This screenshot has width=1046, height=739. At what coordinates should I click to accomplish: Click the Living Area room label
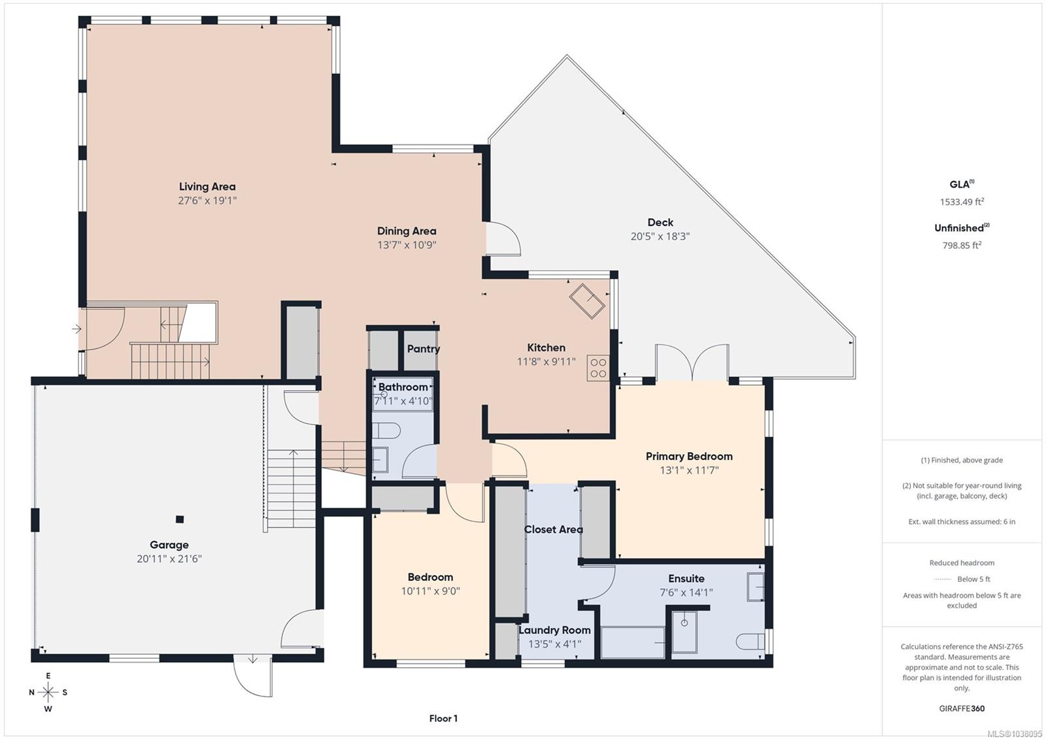point(207,187)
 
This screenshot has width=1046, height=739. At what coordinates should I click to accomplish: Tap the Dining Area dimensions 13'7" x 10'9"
point(407,245)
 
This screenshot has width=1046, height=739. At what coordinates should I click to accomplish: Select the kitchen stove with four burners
point(598,368)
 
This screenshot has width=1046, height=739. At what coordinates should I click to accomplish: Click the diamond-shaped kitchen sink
point(587,301)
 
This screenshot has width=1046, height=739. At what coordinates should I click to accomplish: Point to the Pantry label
point(424,349)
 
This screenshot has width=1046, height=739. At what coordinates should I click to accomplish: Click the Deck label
point(660,222)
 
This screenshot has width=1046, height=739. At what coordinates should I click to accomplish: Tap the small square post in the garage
point(180,519)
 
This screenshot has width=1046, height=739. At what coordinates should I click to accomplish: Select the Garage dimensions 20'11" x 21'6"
point(169,559)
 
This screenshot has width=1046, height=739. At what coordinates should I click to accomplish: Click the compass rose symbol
point(48,692)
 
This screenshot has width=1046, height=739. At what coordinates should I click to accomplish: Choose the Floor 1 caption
point(443,719)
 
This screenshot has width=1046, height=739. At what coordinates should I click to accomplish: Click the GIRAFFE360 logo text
point(962,708)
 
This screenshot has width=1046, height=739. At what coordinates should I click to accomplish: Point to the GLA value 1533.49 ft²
point(962,202)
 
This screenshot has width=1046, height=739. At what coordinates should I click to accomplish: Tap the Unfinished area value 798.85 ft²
point(962,245)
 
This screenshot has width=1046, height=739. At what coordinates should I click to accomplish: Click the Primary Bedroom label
point(689,456)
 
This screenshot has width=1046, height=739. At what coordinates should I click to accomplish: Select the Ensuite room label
point(686,579)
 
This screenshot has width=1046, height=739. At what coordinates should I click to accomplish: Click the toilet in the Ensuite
point(750,642)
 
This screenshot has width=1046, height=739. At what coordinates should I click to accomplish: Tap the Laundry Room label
point(554,631)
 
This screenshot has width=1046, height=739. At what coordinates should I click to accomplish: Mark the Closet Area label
point(553,529)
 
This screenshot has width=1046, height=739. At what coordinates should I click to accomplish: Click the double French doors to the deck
point(692,363)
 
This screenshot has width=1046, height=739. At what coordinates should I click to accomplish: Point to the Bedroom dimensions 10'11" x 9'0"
point(431,591)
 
